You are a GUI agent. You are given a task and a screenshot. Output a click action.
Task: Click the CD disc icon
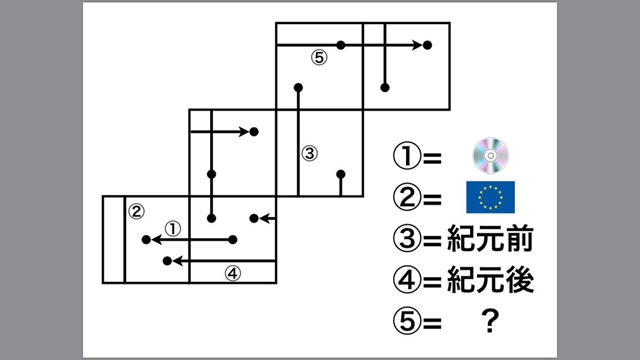pos(491,155)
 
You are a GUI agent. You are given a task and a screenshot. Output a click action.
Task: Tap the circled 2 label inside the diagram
pos(137,211)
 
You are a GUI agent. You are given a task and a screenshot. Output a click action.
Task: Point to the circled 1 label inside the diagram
pos(172,227)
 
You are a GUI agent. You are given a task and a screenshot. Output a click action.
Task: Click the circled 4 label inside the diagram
pos(231,272)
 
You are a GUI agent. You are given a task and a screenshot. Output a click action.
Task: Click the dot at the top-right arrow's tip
pos(428,45)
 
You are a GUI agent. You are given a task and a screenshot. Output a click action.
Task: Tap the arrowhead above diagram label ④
pos(168,260)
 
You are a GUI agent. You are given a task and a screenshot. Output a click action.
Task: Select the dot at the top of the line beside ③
pos(297,88)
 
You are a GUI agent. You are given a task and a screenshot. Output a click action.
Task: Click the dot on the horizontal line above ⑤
pos(341,45)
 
